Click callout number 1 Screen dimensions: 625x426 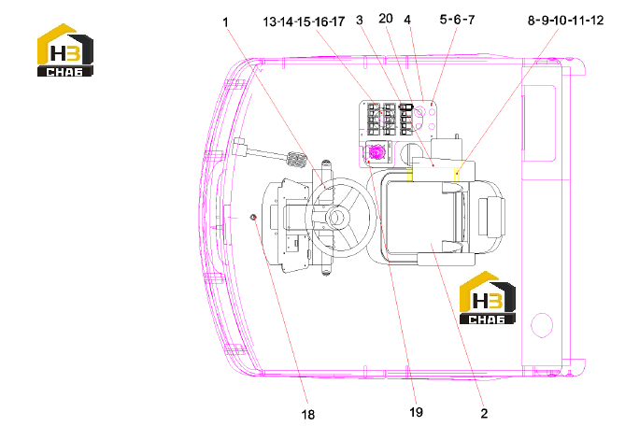tap(225, 21)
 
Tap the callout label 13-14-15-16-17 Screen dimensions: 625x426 tap(304, 21)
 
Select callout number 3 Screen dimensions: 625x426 tap(360, 20)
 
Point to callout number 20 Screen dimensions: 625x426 tap(386, 19)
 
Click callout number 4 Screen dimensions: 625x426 tap(407, 19)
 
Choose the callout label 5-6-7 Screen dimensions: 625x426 tap(457, 19)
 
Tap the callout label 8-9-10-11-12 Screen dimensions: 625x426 tap(565, 20)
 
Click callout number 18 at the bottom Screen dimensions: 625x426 tap(308, 415)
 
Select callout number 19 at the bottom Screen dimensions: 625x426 tap(416, 412)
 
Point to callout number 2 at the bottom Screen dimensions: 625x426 tap(484, 413)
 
